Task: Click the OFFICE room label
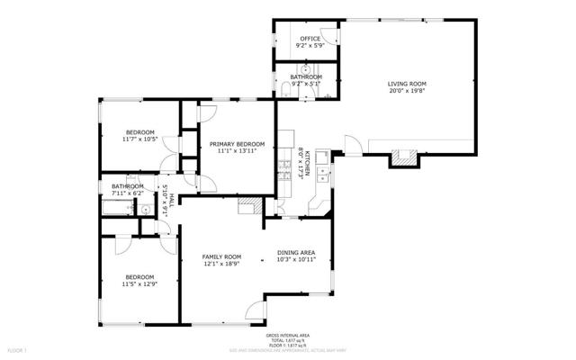(x=310, y=39)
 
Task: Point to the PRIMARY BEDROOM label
(x=238, y=145)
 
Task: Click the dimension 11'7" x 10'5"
(x=139, y=139)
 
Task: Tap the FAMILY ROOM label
(x=221, y=256)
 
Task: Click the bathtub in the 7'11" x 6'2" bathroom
(x=114, y=209)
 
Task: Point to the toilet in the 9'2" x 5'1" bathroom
(x=285, y=87)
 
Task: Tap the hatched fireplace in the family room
(x=247, y=207)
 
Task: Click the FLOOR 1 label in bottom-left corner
(x=17, y=348)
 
